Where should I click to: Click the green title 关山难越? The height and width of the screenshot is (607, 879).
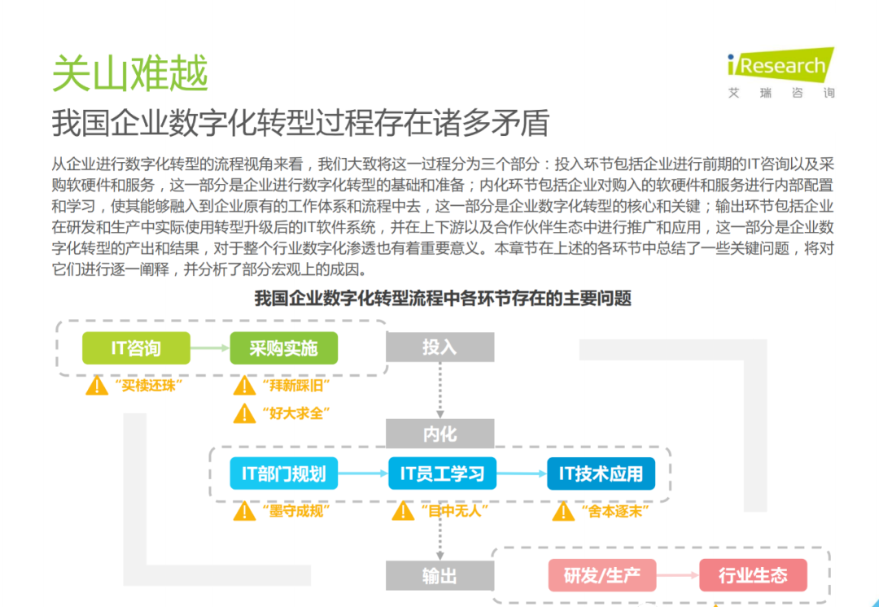pos(130,73)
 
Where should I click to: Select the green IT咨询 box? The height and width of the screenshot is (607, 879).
pos(136,348)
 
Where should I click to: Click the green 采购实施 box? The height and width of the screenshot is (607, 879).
pos(283,348)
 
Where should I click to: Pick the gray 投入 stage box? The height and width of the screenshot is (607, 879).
pos(439,347)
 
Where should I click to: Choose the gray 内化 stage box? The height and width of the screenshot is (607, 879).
pos(439,434)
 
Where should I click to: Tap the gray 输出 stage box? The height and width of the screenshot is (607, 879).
pos(439,576)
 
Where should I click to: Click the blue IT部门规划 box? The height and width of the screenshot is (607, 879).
pos(283,474)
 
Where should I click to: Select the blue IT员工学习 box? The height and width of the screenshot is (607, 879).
pos(442,474)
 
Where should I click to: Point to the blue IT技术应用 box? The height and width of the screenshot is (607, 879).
pos(601,474)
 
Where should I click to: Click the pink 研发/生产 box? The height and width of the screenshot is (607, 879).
pos(601,576)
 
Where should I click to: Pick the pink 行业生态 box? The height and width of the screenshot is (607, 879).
pos(753,576)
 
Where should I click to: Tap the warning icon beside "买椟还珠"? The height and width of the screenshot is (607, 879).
pos(97,385)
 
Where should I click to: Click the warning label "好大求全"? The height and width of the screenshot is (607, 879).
pos(291,413)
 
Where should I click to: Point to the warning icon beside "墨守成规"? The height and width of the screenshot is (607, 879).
pos(244,511)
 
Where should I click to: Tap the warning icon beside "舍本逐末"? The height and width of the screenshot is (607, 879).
pos(563,511)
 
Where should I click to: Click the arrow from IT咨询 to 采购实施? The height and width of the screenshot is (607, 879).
pos(209,348)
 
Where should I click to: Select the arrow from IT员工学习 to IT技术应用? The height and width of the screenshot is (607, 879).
pos(521,474)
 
